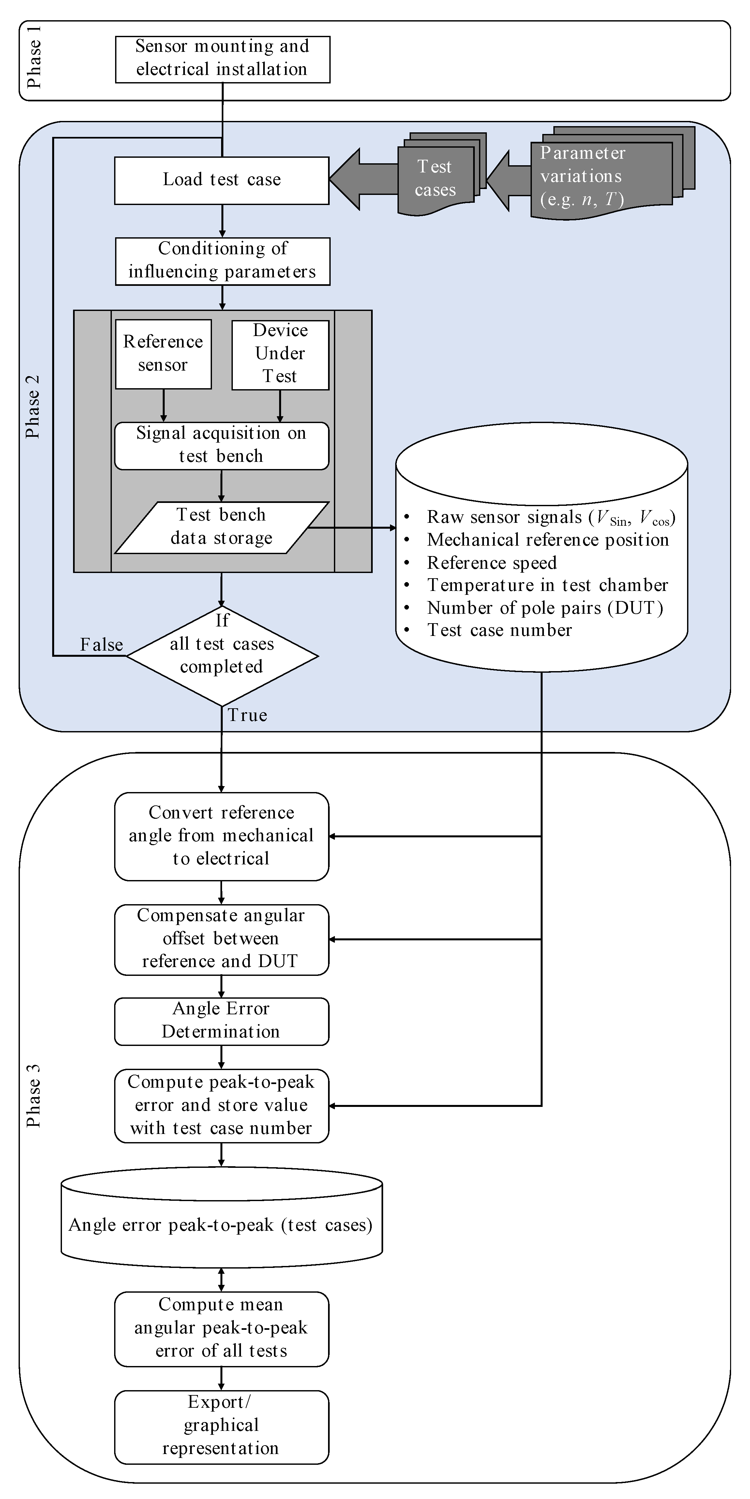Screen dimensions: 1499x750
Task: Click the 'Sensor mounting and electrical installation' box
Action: (x=222, y=59)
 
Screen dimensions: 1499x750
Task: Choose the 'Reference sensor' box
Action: (x=163, y=353)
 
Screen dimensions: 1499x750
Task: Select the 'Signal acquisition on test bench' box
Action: (x=222, y=445)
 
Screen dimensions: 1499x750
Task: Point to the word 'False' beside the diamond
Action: (x=102, y=645)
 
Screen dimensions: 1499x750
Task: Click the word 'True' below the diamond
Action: (x=247, y=715)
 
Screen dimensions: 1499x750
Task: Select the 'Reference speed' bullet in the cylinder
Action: (x=492, y=563)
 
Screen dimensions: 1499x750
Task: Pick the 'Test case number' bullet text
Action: (x=500, y=630)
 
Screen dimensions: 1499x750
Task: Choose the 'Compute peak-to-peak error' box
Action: (x=222, y=1105)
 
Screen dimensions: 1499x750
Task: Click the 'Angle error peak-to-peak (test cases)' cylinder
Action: (x=221, y=1225)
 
